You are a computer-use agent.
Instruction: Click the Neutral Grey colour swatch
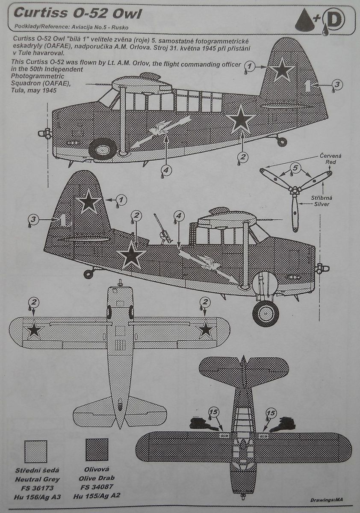point(36,449)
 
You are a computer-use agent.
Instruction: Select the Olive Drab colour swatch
point(97,449)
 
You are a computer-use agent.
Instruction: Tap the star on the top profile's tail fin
point(282,70)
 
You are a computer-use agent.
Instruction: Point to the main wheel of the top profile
point(103,149)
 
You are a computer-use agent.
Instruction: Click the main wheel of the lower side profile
point(266,313)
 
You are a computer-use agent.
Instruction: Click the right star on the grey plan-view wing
point(206,329)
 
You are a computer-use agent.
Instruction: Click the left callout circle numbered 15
point(213,413)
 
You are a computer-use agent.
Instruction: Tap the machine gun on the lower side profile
point(163,231)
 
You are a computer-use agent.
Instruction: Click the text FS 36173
point(37,487)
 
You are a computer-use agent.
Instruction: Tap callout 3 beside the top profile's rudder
point(336,85)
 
